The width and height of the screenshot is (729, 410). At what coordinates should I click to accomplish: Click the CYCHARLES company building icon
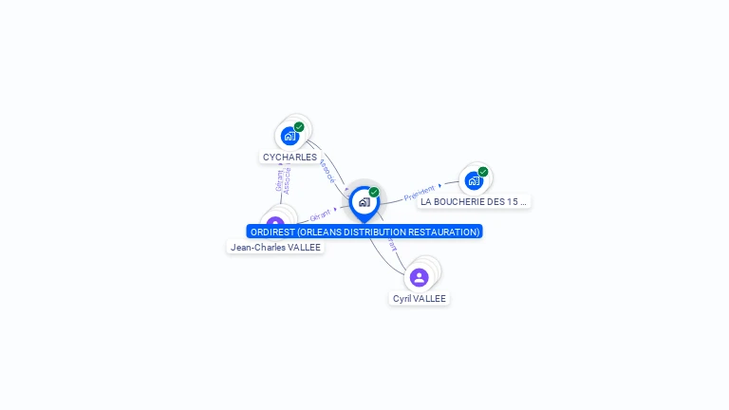point(290,136)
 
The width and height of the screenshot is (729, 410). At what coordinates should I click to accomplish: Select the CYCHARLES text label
point(290,157)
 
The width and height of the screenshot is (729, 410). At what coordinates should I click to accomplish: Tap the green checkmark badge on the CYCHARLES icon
point(299,127)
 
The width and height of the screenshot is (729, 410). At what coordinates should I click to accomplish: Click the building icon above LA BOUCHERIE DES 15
point(474,180)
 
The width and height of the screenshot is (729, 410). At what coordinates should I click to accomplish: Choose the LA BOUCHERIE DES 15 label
point(474,201)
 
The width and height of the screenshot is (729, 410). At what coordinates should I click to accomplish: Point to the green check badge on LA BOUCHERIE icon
point(483,172)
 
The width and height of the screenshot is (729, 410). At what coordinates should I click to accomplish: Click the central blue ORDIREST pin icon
point(364,202)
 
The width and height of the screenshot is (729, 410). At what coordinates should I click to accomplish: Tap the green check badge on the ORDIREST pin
point(374,193)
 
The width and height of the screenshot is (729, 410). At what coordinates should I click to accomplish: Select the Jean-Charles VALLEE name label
point(275,247)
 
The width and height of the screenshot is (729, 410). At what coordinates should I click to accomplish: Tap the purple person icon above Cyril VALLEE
point(420,277)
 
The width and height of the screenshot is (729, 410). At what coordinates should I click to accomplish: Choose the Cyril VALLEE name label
point(420,298)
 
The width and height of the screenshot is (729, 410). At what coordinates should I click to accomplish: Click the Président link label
point(420,193)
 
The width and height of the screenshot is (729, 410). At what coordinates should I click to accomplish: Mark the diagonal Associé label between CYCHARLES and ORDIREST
point(327,171)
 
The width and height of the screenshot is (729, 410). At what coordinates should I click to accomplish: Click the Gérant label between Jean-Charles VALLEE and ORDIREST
point(321,216)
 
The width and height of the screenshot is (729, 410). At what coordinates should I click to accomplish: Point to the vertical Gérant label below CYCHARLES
point(279,180)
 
